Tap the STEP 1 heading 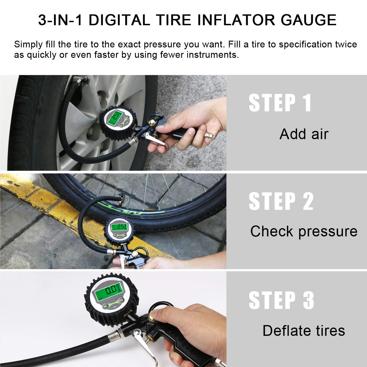tap(280, 103)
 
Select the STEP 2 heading tap(281, 202)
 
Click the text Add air tap(304, 134)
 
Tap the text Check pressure tap(304, 231)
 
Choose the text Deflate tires tap(304, 331)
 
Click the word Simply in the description tap(28, 45)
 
